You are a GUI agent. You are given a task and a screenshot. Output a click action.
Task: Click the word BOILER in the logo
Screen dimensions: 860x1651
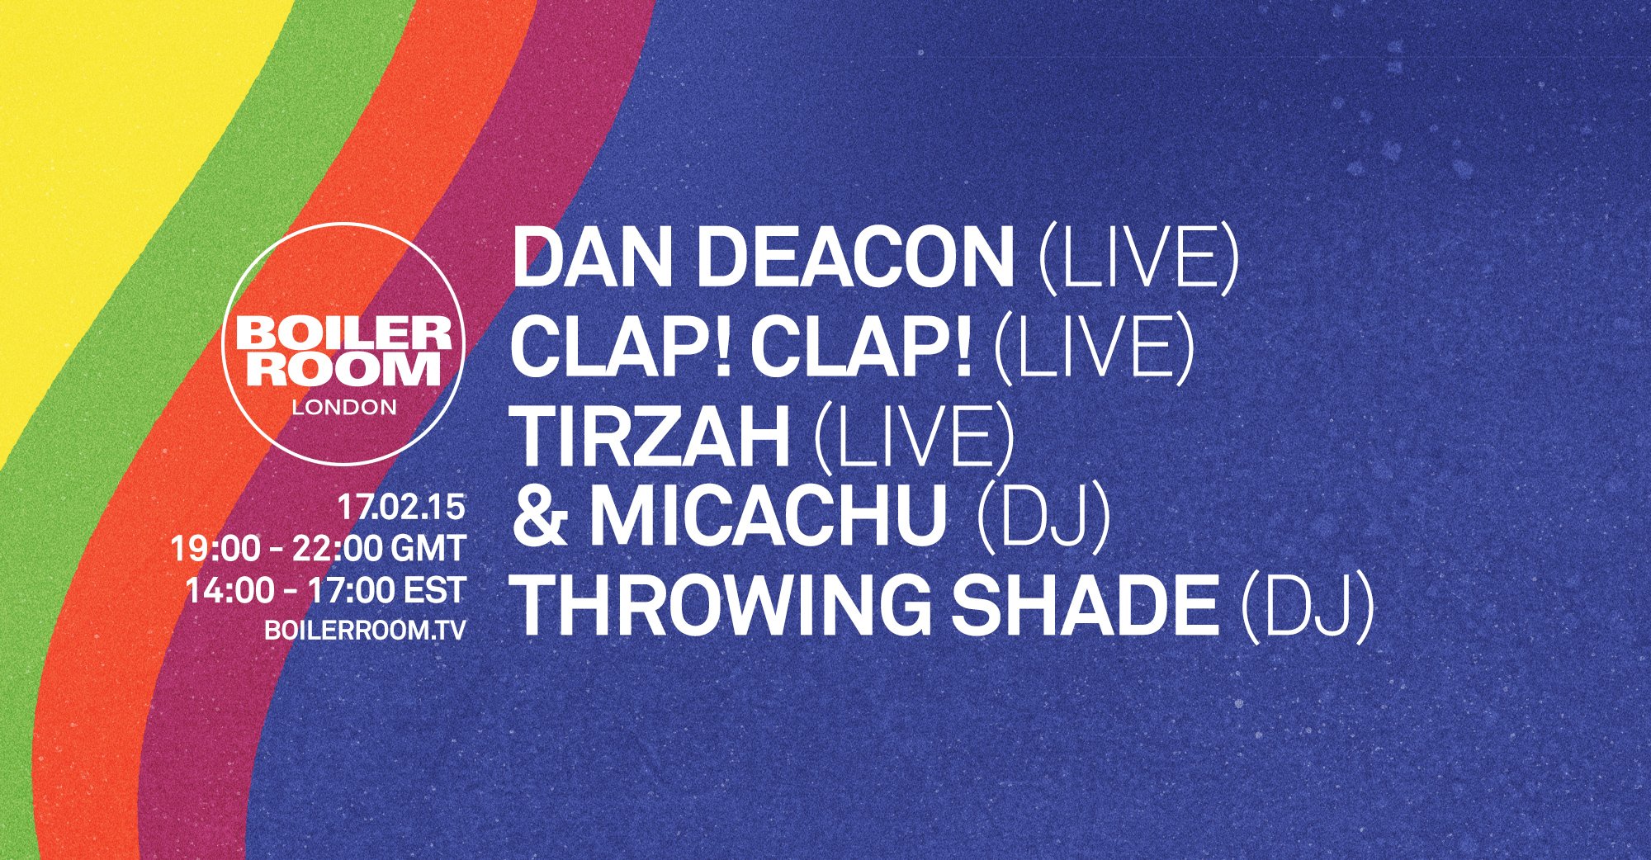[343, 334]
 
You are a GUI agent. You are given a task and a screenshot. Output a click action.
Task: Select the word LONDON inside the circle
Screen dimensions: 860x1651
[344, 408]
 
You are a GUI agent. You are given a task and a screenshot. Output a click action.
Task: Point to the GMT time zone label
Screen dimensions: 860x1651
[428, 549]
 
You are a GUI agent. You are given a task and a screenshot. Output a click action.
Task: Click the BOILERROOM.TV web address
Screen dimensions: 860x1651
[365, 631]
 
